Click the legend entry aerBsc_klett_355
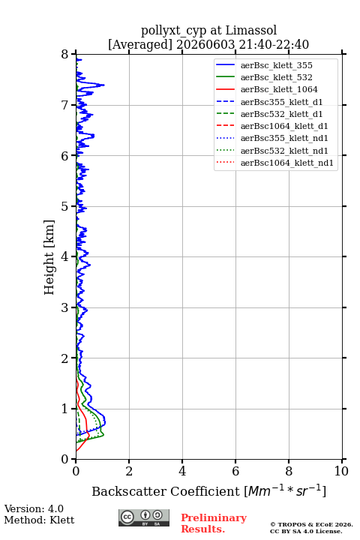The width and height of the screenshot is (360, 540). tap(276, 65)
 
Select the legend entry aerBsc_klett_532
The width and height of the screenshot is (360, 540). tap(276, 77)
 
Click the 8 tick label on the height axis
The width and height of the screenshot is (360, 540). tap(65, 55)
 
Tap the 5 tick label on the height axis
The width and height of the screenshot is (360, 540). tap(65, 207)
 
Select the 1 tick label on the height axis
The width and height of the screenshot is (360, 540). tap(65, 409)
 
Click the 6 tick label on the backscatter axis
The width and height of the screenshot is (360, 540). tap(235, 471)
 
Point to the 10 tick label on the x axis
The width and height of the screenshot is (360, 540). tap(341, 471)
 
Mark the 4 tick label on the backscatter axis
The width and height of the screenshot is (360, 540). tap(182, 471)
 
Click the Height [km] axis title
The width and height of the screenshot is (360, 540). tap(49, 257)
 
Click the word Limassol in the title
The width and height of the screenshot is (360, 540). tap(251, 30)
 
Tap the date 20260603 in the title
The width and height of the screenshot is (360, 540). tap(205, 44)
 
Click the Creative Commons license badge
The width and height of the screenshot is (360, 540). tap(144, 518)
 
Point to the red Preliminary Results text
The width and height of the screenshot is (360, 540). tap(214, 523)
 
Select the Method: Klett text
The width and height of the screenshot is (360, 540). tap(39, 520)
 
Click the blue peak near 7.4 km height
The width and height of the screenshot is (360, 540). tap(103, 85)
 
